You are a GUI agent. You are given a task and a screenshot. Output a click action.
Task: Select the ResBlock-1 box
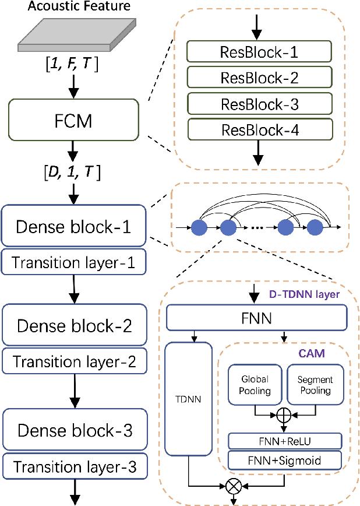point(259,52)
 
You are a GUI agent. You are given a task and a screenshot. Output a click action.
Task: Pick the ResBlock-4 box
point(259,130)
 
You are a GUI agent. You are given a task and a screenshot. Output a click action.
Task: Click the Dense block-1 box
point(73,226)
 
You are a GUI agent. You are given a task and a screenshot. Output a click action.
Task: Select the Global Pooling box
point(255,384)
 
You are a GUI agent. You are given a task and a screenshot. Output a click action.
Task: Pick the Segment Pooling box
point(314,384)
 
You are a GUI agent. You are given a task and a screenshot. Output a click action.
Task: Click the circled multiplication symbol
point(233,484)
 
